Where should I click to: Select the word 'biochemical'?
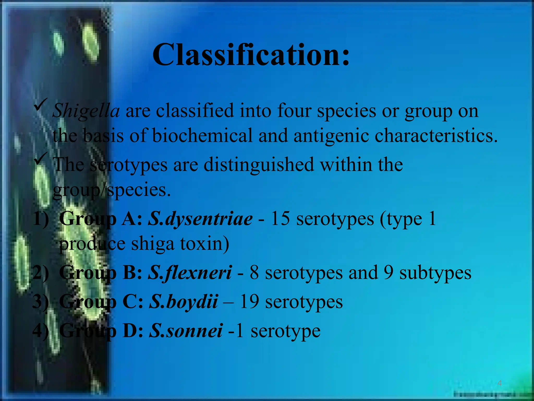click(x=202, y=136)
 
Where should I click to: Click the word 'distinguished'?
click(x=259, y=165)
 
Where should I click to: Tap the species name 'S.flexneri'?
click(x=190, y=273)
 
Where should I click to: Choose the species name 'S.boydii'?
click(x=183, y=302)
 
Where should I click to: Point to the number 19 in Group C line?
click(x=249, y=302)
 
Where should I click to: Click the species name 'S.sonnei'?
click(x=186, y=331)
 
